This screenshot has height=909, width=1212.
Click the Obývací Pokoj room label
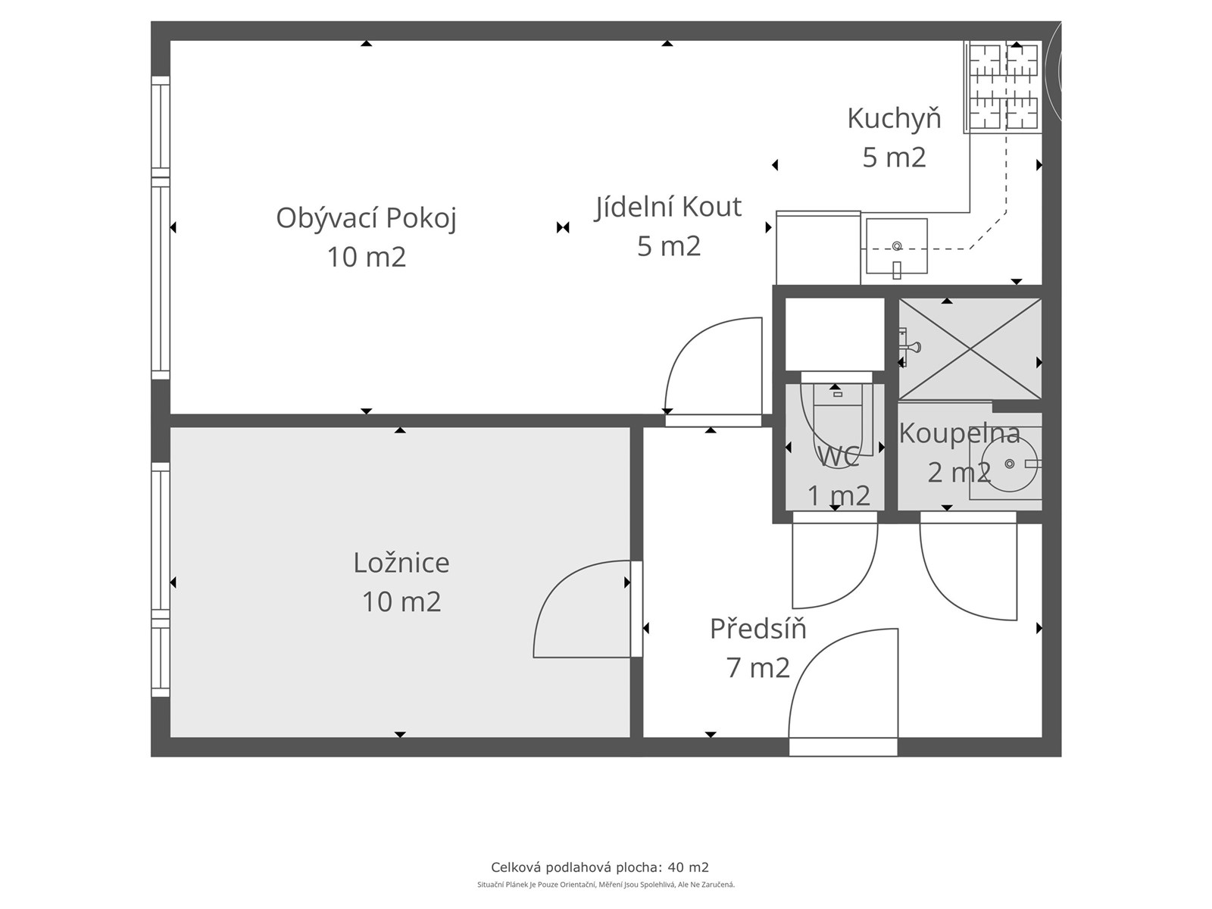[366, 219]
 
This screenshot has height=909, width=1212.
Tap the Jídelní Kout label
[667, 207]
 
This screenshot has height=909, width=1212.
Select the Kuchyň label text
[894, 119]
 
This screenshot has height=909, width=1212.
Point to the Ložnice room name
[401, 562]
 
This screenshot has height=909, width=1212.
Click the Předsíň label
[758, 629]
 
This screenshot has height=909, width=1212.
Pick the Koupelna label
[960, 434]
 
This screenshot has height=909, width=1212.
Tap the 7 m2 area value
[758, 668]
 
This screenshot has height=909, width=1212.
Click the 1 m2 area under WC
[839, 495]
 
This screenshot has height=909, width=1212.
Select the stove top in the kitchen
[1003, 87]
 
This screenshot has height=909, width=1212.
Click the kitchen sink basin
[897, 246]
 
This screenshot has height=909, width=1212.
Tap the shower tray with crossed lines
[970, 348]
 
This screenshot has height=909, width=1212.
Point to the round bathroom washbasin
[1010, 464]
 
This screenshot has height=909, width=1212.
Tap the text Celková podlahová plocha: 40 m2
[600, 867]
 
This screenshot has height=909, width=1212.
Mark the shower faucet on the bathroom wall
[907, 347]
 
